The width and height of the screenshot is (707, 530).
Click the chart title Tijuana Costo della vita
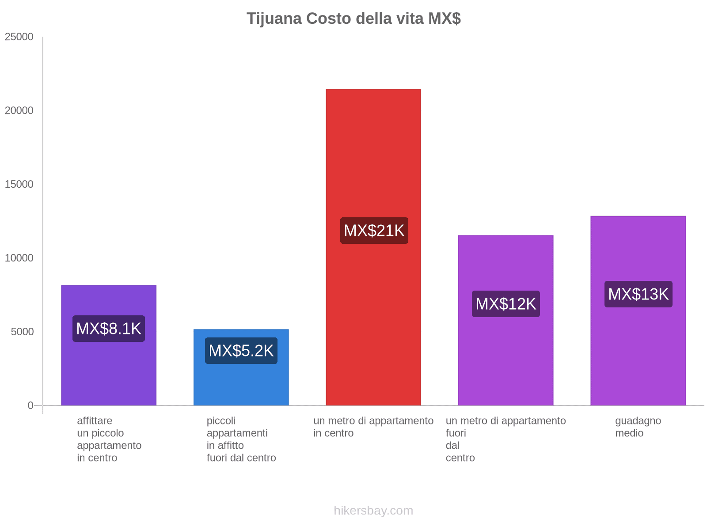[353, 19]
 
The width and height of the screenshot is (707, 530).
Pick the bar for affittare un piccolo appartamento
[109, 375]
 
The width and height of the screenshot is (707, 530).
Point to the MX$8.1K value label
[109, 329]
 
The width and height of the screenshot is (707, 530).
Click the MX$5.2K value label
[241, 351]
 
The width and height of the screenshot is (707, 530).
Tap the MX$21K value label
[374, 231]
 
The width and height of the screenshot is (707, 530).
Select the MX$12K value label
[506, 304]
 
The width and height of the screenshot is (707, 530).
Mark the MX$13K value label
[638, 294]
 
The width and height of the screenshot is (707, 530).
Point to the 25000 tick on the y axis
[19, 37]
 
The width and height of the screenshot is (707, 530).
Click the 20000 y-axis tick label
[19, 111]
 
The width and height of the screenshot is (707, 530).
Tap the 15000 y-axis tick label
[19, 185]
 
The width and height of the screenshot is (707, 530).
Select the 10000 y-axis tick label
[19, 258]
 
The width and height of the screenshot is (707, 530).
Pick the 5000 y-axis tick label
[22, 332]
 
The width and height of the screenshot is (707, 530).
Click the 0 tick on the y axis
[30, 405]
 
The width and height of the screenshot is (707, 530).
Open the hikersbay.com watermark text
[373, 511]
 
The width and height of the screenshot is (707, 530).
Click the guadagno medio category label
[638, 427]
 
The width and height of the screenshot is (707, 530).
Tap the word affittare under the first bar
[95, 421]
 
